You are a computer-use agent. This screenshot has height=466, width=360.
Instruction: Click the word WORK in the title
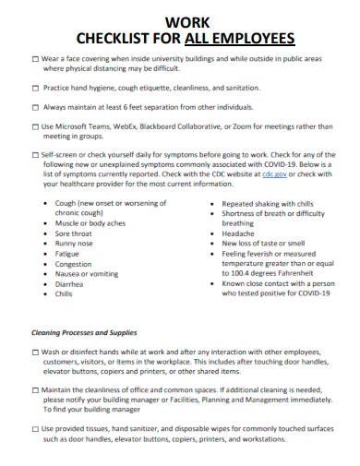click(179, 20)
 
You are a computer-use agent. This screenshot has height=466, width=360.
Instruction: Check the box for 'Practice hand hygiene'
click(35, 89)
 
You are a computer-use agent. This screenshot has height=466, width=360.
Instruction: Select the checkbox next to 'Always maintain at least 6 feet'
click(35, 107)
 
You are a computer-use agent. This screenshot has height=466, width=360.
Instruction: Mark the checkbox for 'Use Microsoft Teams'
click(35, 125)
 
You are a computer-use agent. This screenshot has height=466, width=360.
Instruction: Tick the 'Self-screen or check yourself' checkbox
click(35, 154)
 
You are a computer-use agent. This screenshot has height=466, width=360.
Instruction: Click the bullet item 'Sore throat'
click(74, 233)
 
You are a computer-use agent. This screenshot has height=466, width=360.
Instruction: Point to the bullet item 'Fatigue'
click(67, 254)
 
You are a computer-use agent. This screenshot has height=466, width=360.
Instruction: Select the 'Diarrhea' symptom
click(69, 284)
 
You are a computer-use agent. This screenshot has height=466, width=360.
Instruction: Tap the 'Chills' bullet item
click(64, 294)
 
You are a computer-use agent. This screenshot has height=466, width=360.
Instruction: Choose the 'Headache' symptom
click(238, 233)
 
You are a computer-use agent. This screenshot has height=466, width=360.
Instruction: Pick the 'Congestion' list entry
click(74, 264)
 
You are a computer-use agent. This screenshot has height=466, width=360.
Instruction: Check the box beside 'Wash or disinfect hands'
click(35, 352)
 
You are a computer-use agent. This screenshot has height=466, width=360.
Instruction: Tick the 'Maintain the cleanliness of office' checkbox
click(35, 390)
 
